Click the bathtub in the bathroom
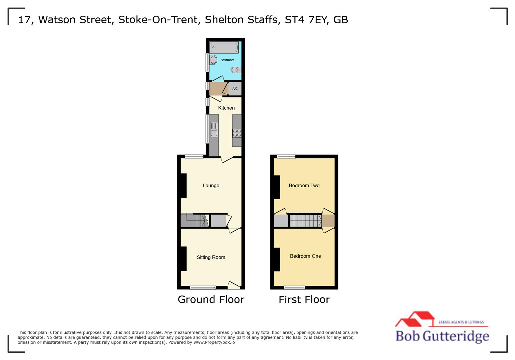[224, 48]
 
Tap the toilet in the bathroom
[236, 70]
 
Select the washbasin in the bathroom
[213, 60]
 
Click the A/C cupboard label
[235, 89]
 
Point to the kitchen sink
[214, 130]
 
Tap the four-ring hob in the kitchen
[237, 133]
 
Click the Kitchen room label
[226, 108]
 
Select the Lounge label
[211, 186]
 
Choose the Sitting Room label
[211, 257]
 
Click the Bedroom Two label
[304, 186]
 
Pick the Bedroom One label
[305, 256]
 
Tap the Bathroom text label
[227, 60]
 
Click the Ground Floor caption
[211, 300]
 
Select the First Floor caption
[304, 300]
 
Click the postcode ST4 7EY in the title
[306, 20]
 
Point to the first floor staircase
[305, 221]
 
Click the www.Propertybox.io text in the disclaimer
[214, 342]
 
